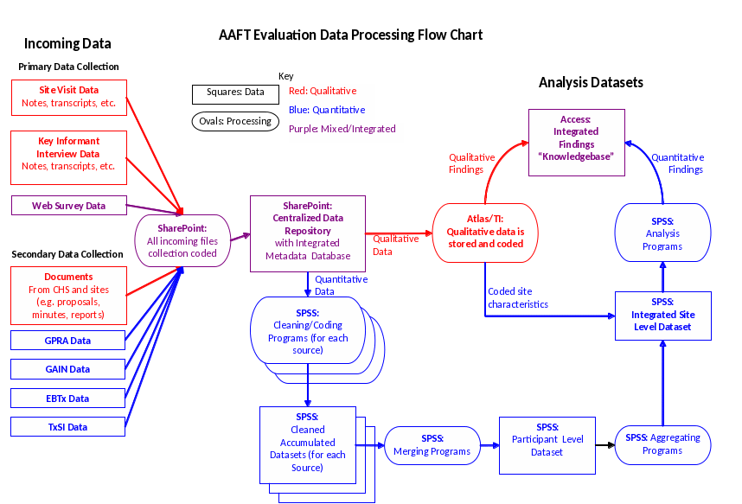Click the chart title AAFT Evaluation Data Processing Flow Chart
point(350,35)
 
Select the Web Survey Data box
point(68,206)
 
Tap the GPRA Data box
point(68,341)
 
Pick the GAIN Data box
point(68,369)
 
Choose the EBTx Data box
point(68,399)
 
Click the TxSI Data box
point(68,427)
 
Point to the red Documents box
point(68,296)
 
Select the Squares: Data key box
point(229,93)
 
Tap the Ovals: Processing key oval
point(235,121)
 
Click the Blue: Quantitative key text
point(327,110)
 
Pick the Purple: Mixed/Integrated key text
point(342,129)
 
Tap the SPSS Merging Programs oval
point(432,445)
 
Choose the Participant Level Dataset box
point(547,445)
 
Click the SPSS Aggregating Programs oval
point(662,444)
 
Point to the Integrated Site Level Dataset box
point(662,315)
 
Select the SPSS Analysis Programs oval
point(662,234)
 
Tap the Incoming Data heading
point(67,43)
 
